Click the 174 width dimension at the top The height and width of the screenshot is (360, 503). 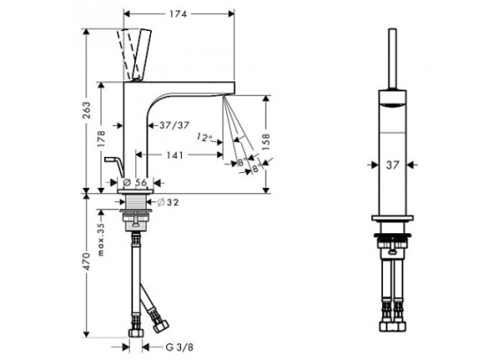(179, 14)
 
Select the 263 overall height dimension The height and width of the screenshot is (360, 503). (86, 111)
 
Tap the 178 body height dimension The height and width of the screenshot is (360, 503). (101, 138)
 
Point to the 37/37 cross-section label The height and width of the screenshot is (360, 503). (174, 125)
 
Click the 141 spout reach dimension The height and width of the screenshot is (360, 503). (175, 155)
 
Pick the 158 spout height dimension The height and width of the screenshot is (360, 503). (266, 143)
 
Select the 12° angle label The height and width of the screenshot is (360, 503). (205, 138)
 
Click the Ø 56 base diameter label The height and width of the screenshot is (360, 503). (135, 182)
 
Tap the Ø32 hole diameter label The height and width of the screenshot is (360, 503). (169, 202)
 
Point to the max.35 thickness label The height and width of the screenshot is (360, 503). (101, 239)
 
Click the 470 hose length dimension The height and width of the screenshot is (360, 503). (86, 262)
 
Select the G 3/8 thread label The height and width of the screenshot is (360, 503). (179, 347)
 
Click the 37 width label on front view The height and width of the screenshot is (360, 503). (392, 165)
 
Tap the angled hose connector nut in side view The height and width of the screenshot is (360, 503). (160, 326)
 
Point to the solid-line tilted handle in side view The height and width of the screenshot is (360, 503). (142, 55)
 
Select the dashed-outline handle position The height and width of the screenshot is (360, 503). (128, 54)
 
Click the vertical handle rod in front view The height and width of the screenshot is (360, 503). (392, 59)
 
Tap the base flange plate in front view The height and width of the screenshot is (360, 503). (392, 218)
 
